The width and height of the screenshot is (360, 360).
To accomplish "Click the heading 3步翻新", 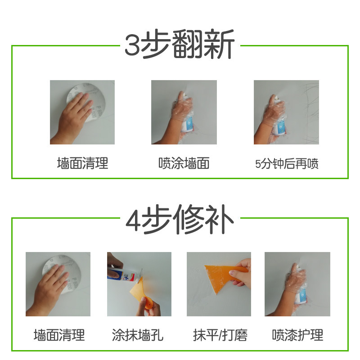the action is coord(180,44).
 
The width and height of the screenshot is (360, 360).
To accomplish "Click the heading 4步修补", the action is coord(180,219).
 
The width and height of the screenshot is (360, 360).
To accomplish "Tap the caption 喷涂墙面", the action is coord(184,163).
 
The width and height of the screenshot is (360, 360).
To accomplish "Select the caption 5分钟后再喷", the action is coord(287,164).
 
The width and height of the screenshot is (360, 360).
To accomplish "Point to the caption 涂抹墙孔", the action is coord(138,335).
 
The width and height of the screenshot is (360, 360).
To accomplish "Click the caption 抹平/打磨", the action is coord(220,335).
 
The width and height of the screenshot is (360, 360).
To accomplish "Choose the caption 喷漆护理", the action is coord(297,335).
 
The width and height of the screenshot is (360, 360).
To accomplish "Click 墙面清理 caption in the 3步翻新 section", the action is coord(82,163).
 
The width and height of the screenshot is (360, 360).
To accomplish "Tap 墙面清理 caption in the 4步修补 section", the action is coord(59,335).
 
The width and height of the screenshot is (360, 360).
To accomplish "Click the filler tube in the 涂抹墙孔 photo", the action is coord(124,274).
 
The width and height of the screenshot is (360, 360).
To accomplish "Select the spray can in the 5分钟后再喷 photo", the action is coord(279,115).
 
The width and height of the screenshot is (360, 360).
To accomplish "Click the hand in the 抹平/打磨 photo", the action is coord(241,273).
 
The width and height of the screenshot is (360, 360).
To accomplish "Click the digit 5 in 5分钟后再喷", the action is coord(258,164).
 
